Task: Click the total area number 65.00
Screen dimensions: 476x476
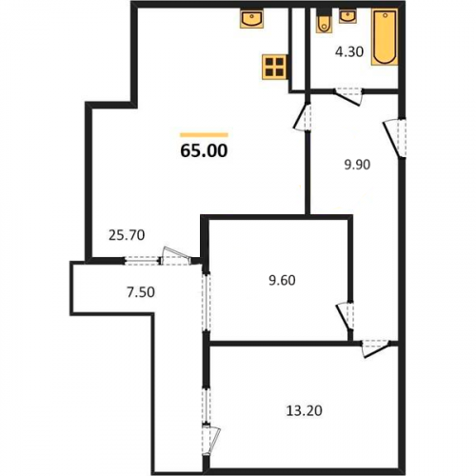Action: click(204, 150)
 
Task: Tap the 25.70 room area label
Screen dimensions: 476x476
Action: click(127, 235)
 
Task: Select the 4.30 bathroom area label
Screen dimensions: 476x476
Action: click(349, 51)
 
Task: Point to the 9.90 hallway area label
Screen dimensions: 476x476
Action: click(357, 165)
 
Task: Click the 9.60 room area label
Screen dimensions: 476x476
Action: click(282, 280)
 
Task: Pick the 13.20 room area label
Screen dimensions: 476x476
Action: click(305, 410)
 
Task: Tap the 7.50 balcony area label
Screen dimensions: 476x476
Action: click(141, 292)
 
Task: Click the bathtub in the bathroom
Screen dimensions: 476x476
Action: click(385, 37)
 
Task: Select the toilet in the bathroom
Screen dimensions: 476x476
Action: click(325, 22)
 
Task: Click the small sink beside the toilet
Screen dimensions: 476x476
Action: click(347, 16)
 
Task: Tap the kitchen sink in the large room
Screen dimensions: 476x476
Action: click(251, 18)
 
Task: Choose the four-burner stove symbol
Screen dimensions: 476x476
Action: click(275, 67)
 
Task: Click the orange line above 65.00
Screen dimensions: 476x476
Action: click(204, 135)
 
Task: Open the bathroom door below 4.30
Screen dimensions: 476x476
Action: click(348, 96)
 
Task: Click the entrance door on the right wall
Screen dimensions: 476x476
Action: click(395, 138)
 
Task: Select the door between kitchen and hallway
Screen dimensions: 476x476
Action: click(303, 117)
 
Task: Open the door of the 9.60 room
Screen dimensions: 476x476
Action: click(346, 317)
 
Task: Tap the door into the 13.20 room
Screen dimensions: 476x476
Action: click(376, 348)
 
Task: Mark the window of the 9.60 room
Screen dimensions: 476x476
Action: click(207, 303)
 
